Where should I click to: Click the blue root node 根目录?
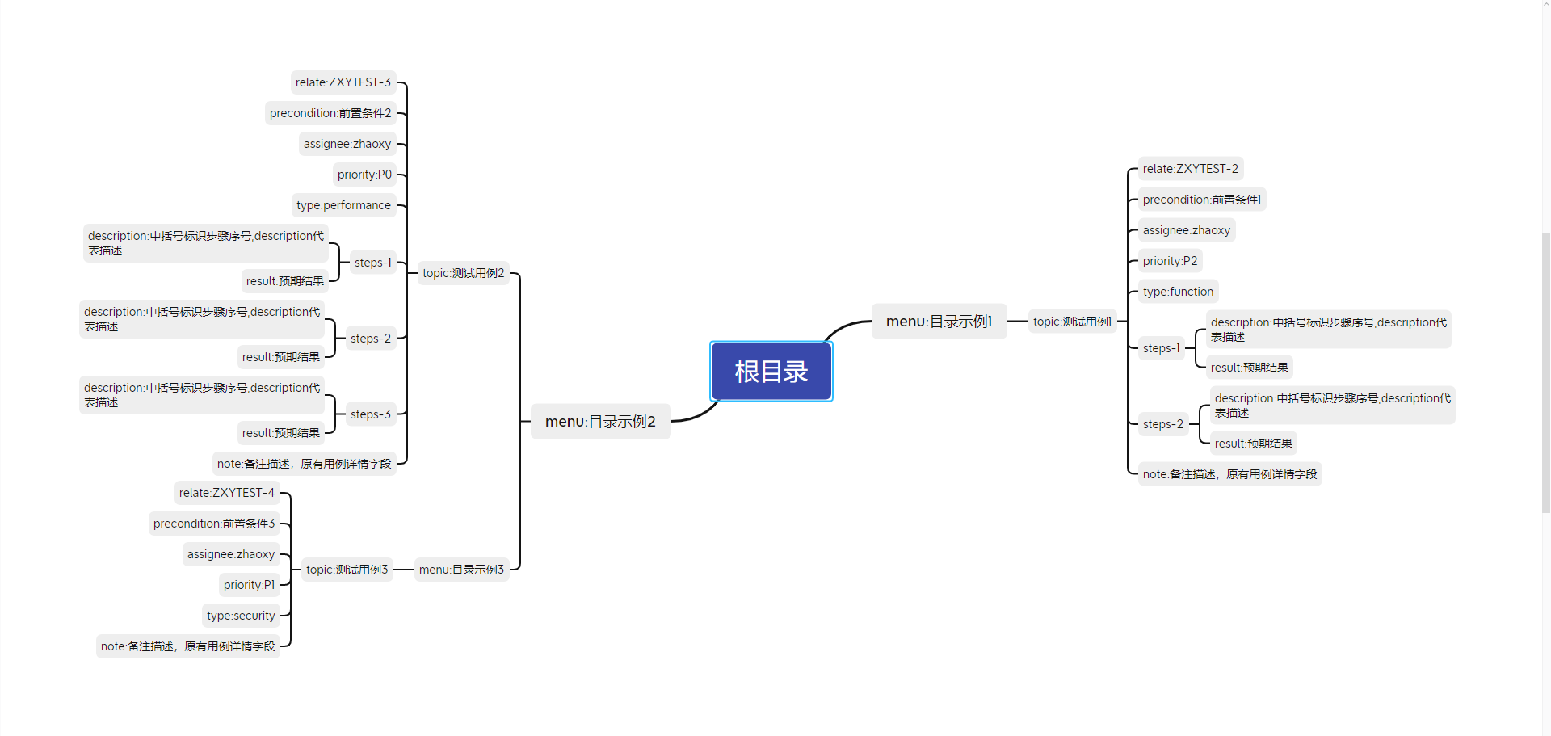click(x=771, y=372)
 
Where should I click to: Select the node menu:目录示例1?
click(x=939, y=322)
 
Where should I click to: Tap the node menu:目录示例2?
click(x=600, y=422)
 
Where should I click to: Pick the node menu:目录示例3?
click(x=461, y=570)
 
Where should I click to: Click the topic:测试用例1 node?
click(x=1072, y=322)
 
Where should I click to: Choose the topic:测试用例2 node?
click(x=463, y=273)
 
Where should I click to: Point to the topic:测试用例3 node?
click(x=347, y=570)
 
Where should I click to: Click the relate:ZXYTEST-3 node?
click(x=343, y=82)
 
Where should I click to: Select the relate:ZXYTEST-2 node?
click(x=1190, y=169)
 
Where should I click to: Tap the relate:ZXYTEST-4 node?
click(x=226, y=493)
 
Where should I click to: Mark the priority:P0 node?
click(x=364, y=175)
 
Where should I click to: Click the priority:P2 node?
click(x=1170, y=261)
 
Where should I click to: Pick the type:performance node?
click(x=343, y=205)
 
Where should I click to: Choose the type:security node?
click(x=241, y=616)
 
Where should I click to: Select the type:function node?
click(x=1178, y=292)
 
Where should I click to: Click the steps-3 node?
click(x=370, y=414)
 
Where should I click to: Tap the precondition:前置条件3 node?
click(x=214, y=524)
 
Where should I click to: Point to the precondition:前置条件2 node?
click(x=330, y=113)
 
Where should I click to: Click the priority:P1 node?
click(x=249, y=585)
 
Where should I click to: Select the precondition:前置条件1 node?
click(x=1201, y=200)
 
